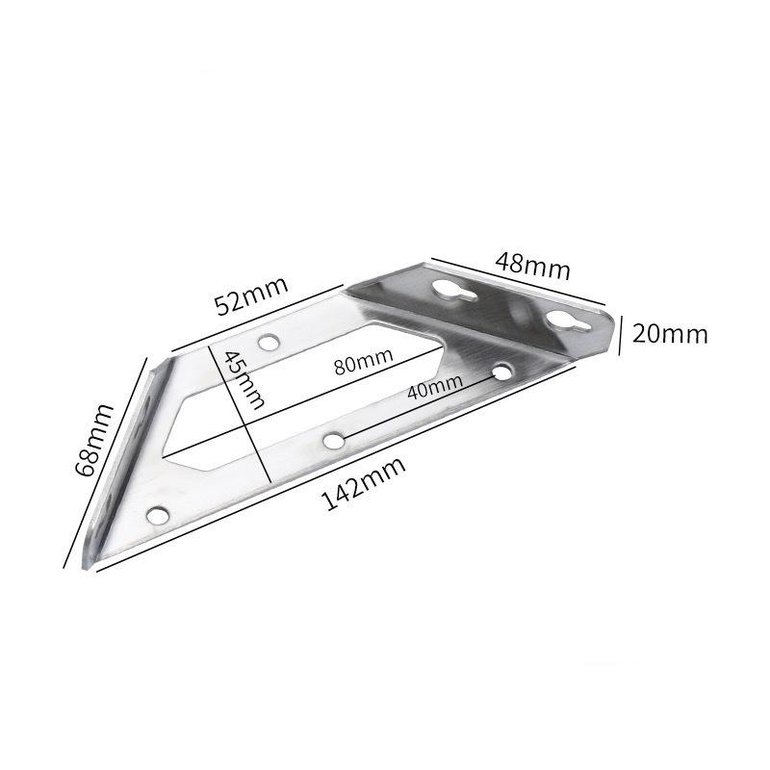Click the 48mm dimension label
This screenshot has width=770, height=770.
tap(532, 264)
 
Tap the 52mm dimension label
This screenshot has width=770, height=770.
tap(250, 295)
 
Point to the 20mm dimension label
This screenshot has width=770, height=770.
tap(671, 334)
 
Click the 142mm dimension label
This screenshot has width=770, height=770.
tap(363, 484)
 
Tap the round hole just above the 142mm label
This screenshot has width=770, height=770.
tap(333, 441)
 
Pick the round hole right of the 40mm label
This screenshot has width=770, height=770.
tap(501, 371)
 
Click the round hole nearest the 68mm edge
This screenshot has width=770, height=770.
tap(158, 517)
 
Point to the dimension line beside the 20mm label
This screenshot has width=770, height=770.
tap(621, 333)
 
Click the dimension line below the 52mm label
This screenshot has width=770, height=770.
tap(258, 316)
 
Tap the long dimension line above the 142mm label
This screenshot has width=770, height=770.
tap(327, 472)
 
